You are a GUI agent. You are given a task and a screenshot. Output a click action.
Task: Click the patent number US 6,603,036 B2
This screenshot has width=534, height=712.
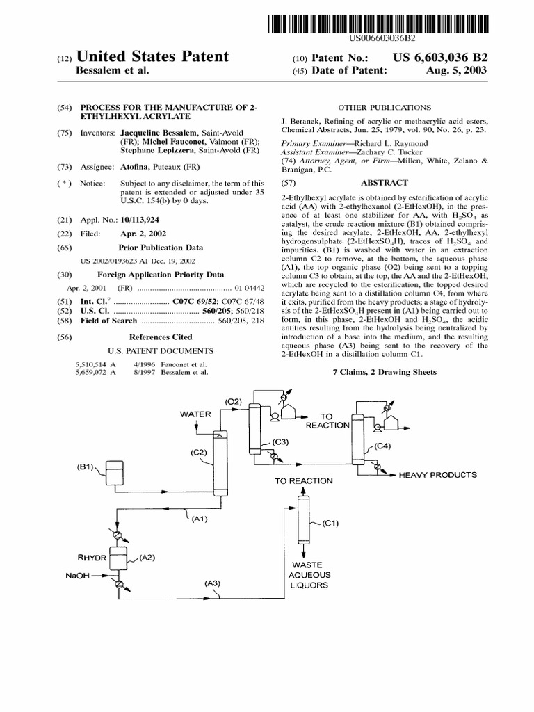(x=435, y=57)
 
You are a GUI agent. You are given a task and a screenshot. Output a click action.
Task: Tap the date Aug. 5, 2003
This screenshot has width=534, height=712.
(x=457, y=70)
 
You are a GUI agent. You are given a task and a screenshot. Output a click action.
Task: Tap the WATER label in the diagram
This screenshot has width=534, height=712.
(x=195, y=414)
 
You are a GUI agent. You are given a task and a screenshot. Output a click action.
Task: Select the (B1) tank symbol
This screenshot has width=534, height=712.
(x=113, y=473)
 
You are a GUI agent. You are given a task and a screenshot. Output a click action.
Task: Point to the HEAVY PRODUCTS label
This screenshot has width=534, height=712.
(x=437, y=475)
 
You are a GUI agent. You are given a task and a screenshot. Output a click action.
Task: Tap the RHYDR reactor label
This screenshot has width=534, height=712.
(x=92, y=557)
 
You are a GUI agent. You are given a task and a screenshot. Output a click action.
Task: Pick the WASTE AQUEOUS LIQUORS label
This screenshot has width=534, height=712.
(x=309, y=575)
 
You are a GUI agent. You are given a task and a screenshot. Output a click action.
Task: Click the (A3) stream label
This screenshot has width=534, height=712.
(x=213, y=584)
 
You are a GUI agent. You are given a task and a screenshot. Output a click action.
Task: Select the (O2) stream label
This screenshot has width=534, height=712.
(x=233, y=401)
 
